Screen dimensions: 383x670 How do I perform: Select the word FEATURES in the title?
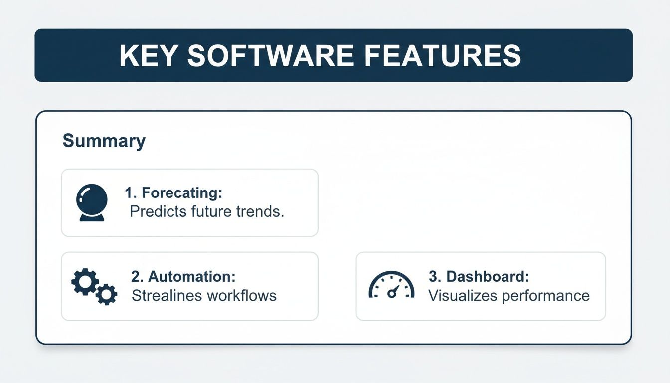click(442, 55)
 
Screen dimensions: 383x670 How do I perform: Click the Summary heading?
click(104, 141)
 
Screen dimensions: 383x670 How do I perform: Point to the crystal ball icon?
click(92, 200)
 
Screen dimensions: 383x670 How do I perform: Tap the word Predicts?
click(157, 211)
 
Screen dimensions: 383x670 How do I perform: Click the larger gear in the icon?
click(85, 282)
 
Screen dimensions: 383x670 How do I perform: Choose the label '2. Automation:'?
click(183, 276)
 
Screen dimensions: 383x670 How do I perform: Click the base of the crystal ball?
click(92, 217)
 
